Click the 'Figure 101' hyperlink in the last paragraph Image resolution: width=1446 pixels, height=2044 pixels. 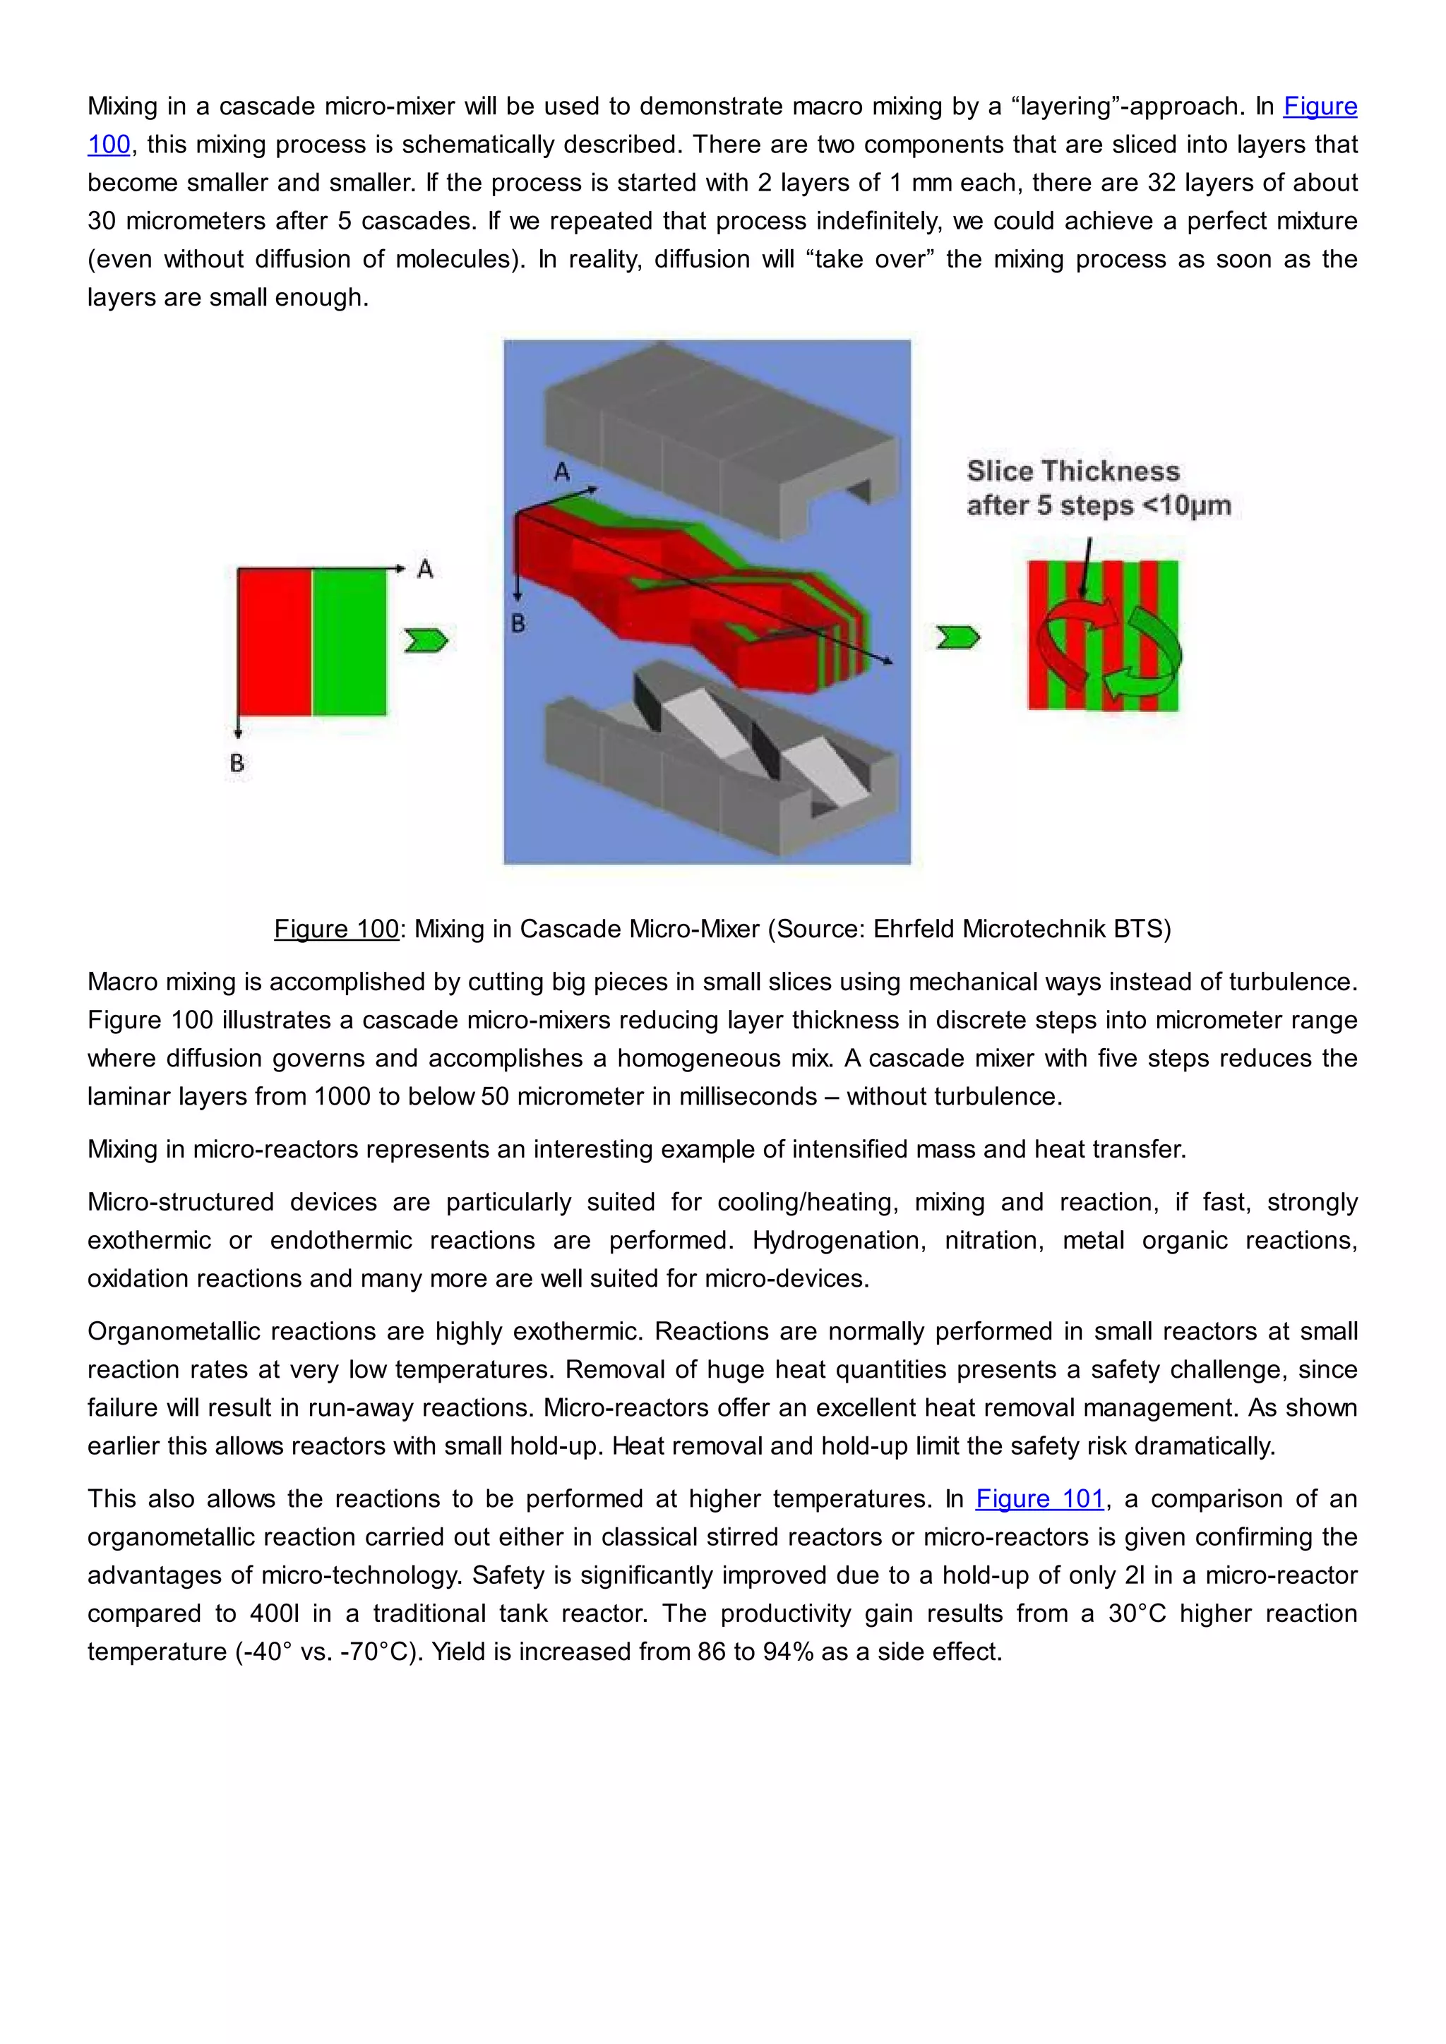pos(1039,1499)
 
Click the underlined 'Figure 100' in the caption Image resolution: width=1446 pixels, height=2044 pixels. pos(335,929)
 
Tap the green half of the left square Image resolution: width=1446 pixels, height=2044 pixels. pos(349,642)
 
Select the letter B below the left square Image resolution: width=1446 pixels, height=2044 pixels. pos(237,763)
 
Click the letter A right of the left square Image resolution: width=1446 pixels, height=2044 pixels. pos(425,569)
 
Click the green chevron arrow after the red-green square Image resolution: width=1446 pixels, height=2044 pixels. pos(426,641)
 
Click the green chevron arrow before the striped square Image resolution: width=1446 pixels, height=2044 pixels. pos(958,637)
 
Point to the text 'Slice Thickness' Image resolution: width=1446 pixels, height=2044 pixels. pos(1073,471)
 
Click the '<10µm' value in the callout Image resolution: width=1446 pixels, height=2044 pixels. pos(1186,505)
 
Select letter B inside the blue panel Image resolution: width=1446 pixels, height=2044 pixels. pos(518,624)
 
